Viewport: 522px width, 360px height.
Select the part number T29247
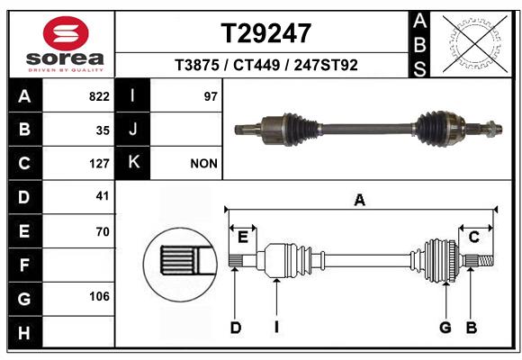(x=266, y=33)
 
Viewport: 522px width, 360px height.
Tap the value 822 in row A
(x=98, y=96)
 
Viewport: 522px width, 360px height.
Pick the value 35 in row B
(x=102, y=130)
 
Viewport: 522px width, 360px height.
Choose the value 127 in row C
(x=98, y=164)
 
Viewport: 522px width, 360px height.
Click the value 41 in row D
(x=102, y=195)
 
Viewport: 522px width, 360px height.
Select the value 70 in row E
(x=102, y=231)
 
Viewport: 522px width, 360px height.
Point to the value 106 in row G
(x=98, y=296)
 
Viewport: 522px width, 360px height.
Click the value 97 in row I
(x=211, y=96)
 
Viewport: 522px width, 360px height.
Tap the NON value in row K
(x=203, y=164)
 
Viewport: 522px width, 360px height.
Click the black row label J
(x=133, y=130)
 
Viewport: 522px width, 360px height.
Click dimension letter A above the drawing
(x=360, y=201)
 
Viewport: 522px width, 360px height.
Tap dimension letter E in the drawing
(x=242, y=237)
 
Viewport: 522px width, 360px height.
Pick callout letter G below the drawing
(x=445, y=328)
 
